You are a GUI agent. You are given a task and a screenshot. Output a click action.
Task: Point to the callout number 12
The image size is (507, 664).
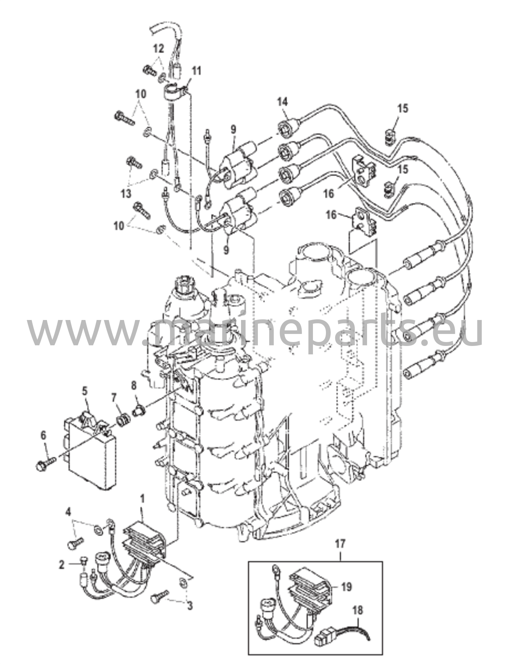(x=159, y=50)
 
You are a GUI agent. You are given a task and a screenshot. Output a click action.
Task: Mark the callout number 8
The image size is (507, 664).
(x=134, y=385)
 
